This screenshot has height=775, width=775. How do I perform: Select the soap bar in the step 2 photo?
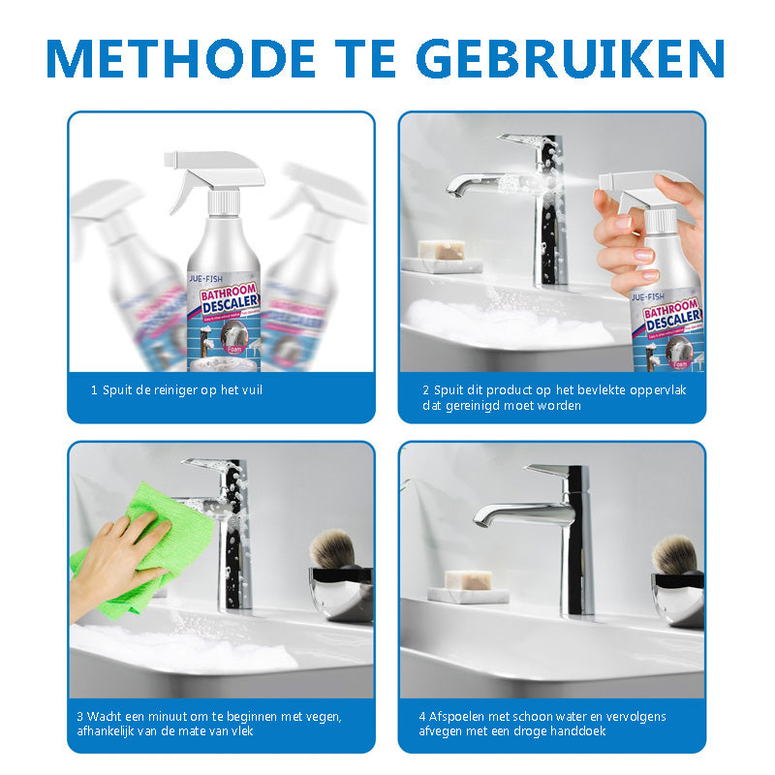pos(441,252)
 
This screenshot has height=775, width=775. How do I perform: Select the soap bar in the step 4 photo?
pos(469,580)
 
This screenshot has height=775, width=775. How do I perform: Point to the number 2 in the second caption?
pos(425,390)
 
